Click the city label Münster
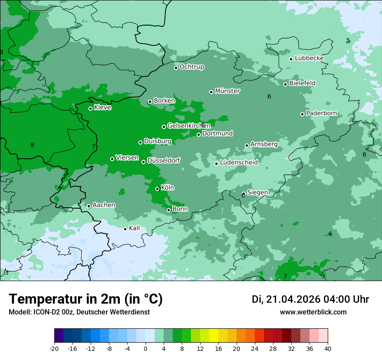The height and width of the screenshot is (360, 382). [x=227, y=91]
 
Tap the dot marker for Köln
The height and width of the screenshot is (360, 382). [x=158, y=189]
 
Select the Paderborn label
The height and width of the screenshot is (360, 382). [x=321, y=113]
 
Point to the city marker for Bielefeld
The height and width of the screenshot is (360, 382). [x=286, y=84]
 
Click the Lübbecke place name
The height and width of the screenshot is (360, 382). [x=309, y=58]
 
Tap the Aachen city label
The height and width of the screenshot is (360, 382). [x=104, y=205]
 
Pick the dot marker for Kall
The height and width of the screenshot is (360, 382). [x=125, y=229]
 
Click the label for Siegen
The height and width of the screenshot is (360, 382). [x=257, y=193]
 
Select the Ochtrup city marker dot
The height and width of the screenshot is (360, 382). [x=176, y=68]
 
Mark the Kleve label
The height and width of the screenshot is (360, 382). [x=102, y=108]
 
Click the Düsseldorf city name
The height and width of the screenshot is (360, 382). [x=164, y=160]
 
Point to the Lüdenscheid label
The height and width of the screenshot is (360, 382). [x=239, y=163]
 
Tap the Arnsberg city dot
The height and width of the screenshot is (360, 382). [x=247, y=145]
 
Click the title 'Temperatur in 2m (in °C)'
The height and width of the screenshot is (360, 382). [x=86, y=299]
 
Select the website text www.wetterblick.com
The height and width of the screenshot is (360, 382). [x=313, y=312]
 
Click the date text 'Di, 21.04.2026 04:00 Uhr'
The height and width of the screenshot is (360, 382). [x=310, y=299]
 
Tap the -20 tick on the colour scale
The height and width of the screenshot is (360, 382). [x=54, y=348]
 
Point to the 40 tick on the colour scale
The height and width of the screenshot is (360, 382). [x=328, y=348]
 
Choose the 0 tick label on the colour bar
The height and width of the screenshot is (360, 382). [x=145, y=348]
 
